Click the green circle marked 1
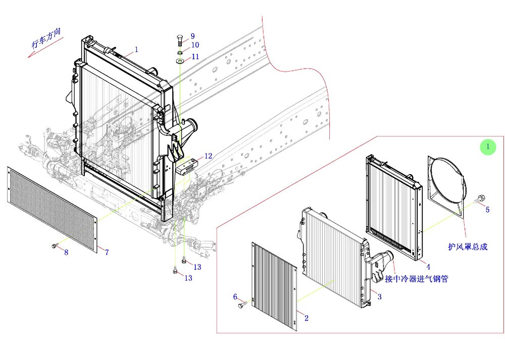point(488,147)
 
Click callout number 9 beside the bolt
point(192,36)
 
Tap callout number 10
point(194,45)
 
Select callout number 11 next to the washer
point(195,57)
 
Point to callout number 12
point(209,156)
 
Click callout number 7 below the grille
point(107,252)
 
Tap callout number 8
point(66,252)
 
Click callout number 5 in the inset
point(487,210)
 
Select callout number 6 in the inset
point(235,296)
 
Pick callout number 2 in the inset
point(307,318)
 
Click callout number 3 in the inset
point(379,297)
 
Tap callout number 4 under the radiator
point(428,266)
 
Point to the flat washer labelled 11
point(180,61)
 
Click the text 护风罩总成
point(468,247)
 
